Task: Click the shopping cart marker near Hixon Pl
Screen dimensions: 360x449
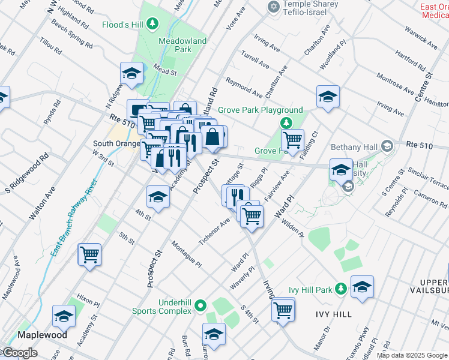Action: (x=89, y=255)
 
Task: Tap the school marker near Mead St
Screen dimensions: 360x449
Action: (x=131, y=74)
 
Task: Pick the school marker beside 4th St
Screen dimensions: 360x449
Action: (x=158, y=197)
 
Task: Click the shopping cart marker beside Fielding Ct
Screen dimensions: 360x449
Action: (x=292, y=141)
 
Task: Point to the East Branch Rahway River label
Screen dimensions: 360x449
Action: (x=73, y=218)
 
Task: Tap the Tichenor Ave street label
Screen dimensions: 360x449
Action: (x=215, y=232)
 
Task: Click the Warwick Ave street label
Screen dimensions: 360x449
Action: (x=420, y=37)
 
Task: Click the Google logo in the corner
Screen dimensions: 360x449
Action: (x=19, y=353)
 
